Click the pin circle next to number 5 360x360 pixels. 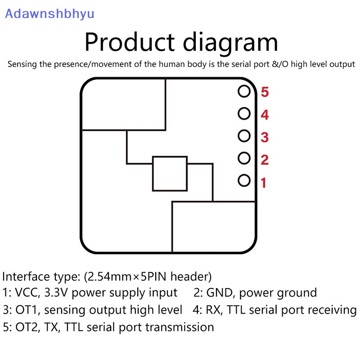tap(244, 91)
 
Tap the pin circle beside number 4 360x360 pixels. tap(244, 113)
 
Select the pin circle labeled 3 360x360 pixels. tap(244, 135)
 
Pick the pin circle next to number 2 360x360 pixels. tap(244, 158)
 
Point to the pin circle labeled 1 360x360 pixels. tap(244, 180)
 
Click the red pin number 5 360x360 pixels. tap(265, 92)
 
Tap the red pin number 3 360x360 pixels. tap(265, 137)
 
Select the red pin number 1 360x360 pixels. tap(264, 183)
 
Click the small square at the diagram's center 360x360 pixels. tap(170, 174)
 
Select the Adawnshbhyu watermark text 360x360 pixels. tap(49, 13)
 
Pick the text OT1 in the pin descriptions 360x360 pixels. tap(28, 310)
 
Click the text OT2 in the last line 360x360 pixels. tap(28, 327)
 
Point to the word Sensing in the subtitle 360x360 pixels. tap(22, 64)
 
